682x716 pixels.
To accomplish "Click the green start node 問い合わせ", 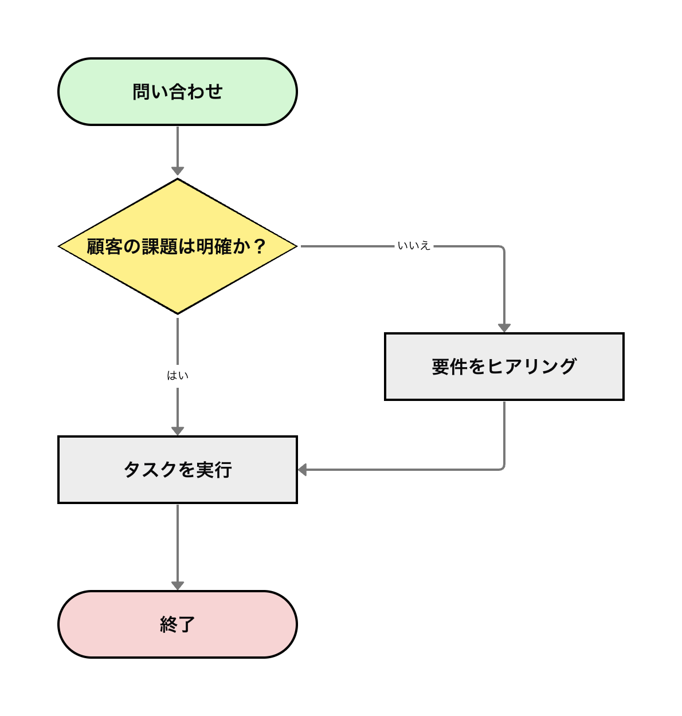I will (178, 92).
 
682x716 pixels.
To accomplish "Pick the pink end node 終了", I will (178, 624).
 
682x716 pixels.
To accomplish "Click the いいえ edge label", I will (414, 246).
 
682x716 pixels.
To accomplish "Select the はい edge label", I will (178, 376).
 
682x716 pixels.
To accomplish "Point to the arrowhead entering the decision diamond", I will (178, 171).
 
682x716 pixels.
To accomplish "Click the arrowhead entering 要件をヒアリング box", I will (504, 328).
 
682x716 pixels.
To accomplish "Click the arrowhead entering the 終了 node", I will (178, 585).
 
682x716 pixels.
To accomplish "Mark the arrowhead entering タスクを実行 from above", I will (178, 431).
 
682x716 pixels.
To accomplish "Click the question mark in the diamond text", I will (260, 247).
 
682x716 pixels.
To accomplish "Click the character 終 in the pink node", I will (168, 624).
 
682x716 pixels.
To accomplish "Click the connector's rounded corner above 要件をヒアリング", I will (503, 248).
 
